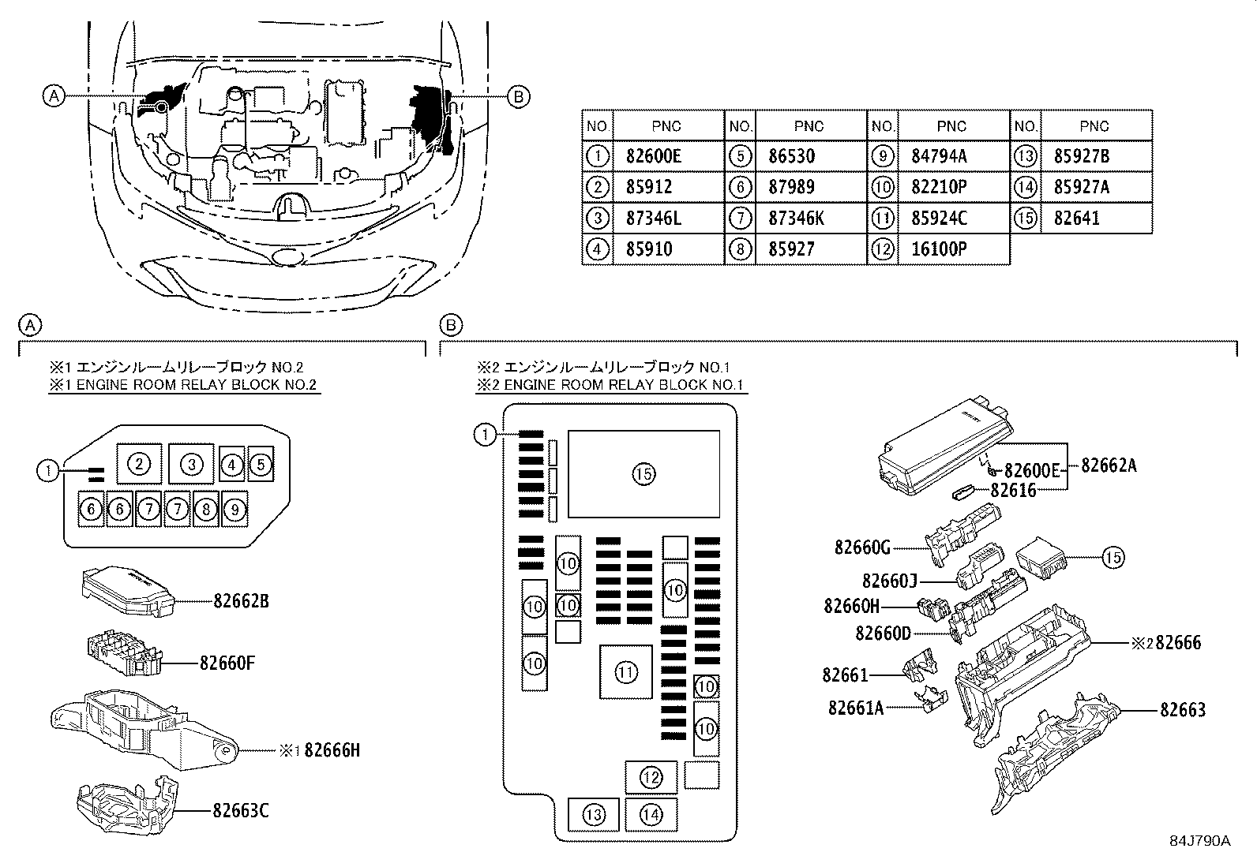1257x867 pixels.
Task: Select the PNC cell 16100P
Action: tap(940, 249)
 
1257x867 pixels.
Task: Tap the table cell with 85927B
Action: tap(1082, 156)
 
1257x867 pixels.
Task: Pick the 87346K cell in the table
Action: tap(797, 219)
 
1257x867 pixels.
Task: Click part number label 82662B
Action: tap(242, 601)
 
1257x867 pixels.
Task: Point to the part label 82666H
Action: tap(332, 750)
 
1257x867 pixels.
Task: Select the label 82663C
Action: tap(241, 810)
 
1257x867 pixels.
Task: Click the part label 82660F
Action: tap(227, 663)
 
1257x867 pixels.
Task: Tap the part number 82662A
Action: tap(1109, 465)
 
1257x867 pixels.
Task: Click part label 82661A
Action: tap(856, 708)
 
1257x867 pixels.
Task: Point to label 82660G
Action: tap(862, 547)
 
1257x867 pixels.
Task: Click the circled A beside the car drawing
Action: tap(53, 96)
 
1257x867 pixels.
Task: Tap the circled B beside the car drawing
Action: tap(518, 96)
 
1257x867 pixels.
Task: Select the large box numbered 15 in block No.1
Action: tap(644, 473)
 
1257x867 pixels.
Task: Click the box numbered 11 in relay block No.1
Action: tap(625, 672)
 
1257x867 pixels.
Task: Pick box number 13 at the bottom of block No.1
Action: tap(594, 816)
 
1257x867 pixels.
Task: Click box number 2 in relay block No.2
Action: tap(139, 463)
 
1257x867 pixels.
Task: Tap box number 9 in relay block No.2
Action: tap(235, 510)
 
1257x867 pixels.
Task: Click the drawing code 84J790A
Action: tap(1200, 840)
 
